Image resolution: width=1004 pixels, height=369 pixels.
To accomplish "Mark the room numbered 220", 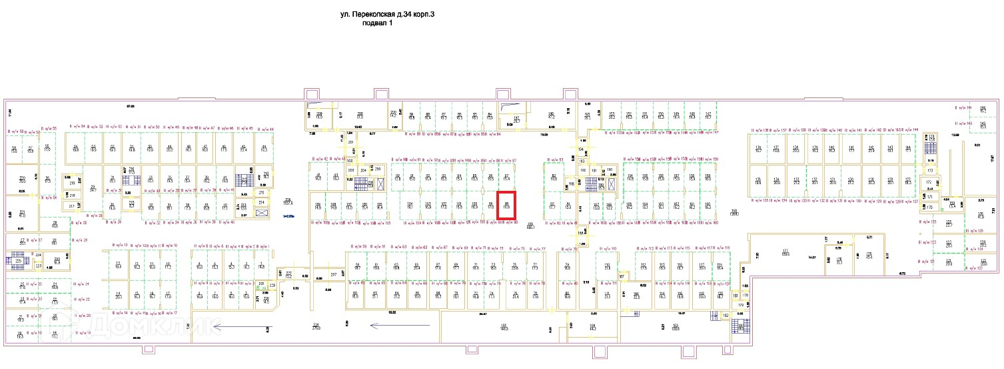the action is coord(22,178).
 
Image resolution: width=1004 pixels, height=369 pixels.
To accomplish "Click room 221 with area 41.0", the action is coord(22,214).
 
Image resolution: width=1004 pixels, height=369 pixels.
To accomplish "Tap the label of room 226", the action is coord(316,326).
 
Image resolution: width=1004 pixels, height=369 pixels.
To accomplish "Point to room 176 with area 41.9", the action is coord(980,215).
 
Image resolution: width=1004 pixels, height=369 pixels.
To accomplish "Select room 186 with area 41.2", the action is coord(551,115).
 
